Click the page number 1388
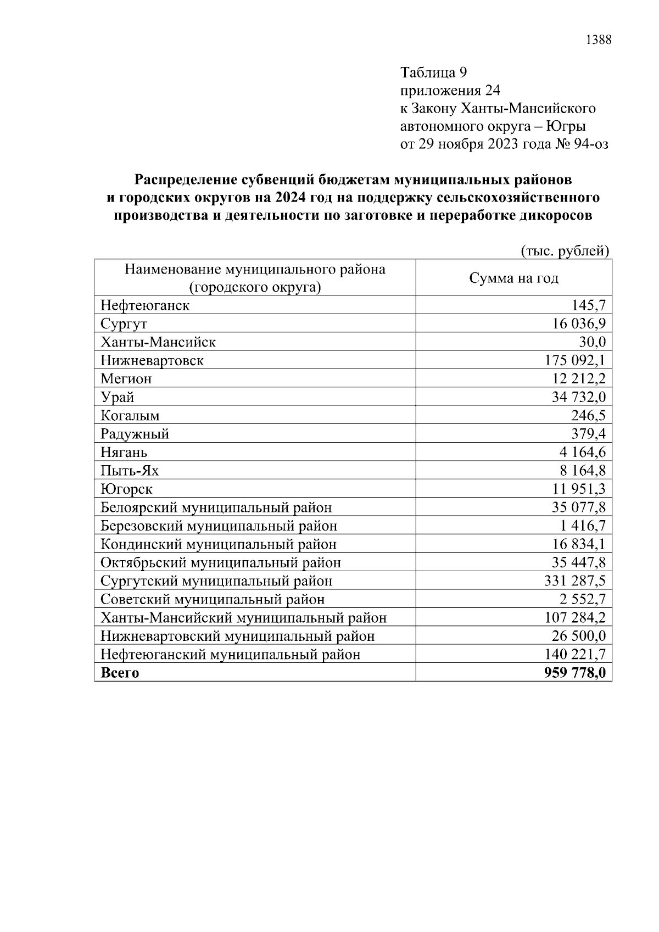[599, 40]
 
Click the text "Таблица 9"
[433, 72]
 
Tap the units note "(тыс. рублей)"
[565, 251]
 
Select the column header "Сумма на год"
[513, 278]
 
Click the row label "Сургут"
[124, 324]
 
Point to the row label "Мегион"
[126, 379]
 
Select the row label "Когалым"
[130, 416]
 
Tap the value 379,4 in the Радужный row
[589, 434]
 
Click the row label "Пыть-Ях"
[130, 471]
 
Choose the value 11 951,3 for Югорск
[579, 489]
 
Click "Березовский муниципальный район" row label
[219, 526]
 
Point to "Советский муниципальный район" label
[213, 600]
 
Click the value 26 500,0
[579, 636]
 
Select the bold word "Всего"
[120, 673]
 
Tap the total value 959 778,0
[575, 673]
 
